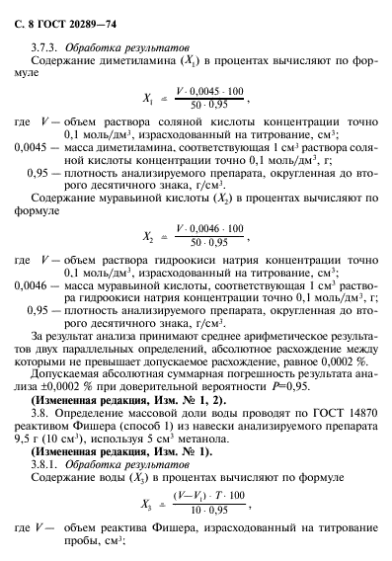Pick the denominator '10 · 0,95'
click(x=206, y=511)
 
